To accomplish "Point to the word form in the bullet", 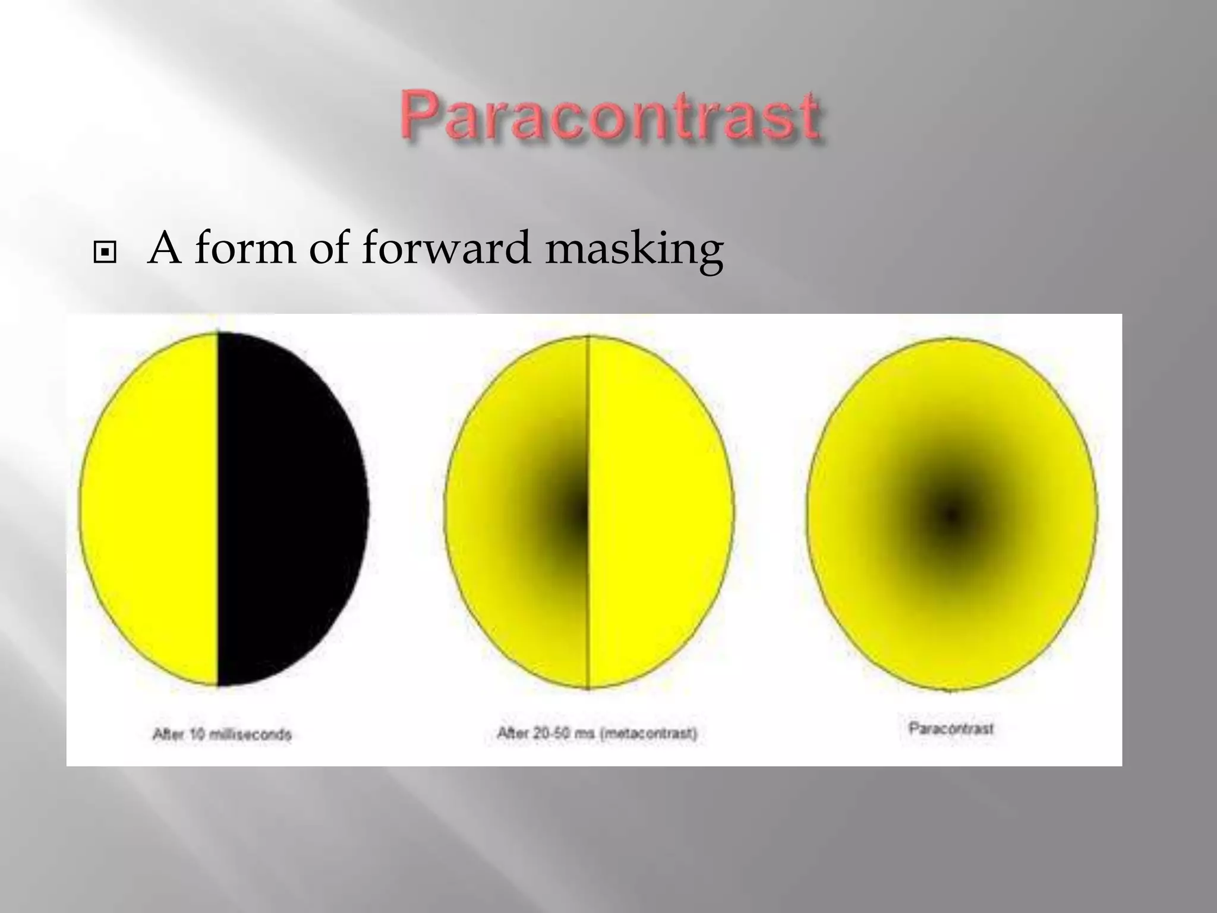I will point(245,247).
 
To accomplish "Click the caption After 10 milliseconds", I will point(222,735).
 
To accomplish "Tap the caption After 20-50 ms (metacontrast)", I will point(597,733).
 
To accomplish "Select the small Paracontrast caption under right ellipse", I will point(951,728).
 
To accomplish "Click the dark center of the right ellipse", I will point(951,515).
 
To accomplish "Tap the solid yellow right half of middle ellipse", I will point(660,511).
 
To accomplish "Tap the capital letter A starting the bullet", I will point(164,247).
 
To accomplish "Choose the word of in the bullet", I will point(332,247).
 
